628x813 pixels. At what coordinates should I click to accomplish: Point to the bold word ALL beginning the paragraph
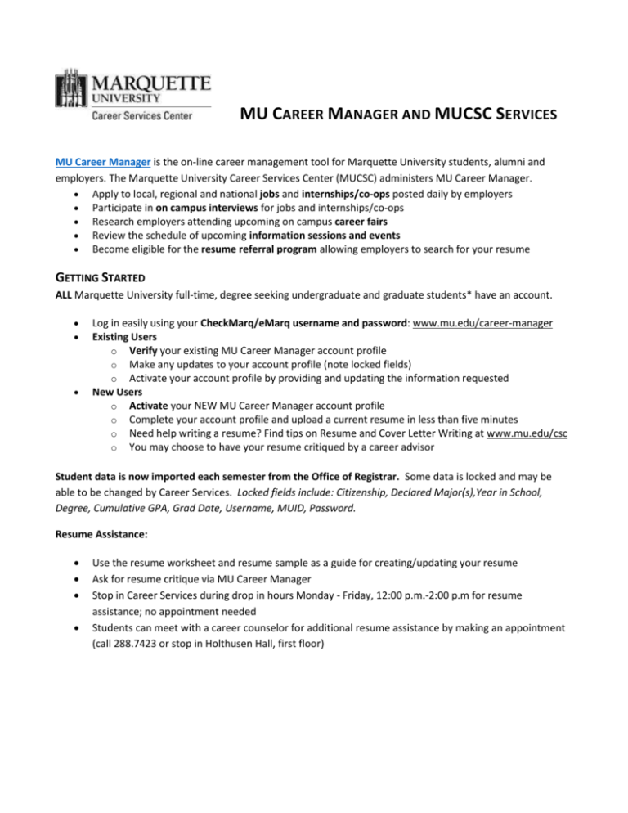point(55,306)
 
